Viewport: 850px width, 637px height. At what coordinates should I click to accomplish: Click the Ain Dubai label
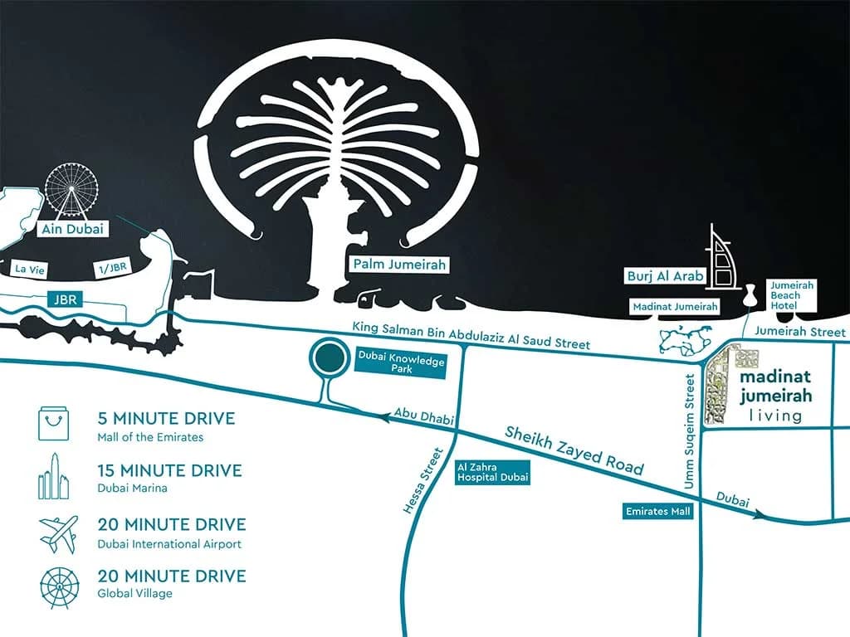pos(74,229)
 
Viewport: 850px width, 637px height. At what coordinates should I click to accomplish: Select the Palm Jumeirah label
pos(399,265)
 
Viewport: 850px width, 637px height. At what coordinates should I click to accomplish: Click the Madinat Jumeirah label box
pos(675,307)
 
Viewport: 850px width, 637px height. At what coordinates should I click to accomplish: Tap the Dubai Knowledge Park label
pos(401,362)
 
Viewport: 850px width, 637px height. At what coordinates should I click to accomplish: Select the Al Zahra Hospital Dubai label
pos(491,473)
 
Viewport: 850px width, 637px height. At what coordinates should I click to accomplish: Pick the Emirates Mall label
pos(657,512)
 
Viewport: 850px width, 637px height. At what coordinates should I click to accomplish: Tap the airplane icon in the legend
pos(58,534)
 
